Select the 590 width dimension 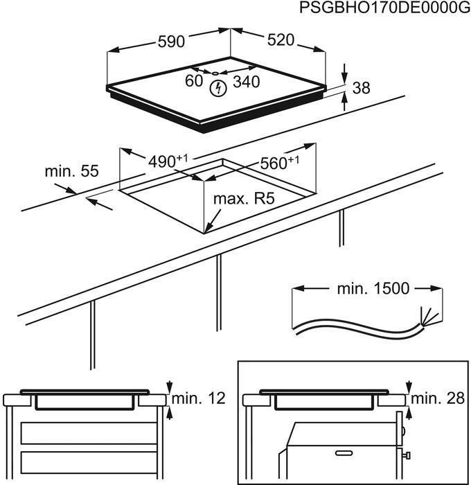tap(170, 41)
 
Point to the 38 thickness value tap(361, 88)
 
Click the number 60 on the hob tap(194, 82)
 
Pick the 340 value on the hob tap(246, 82)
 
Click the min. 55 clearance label tap(71, 170)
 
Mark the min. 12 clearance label tap(199, 398)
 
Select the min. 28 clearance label tap(438, 398)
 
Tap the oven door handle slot tap(344, 453)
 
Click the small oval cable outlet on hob tap(215, 72)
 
